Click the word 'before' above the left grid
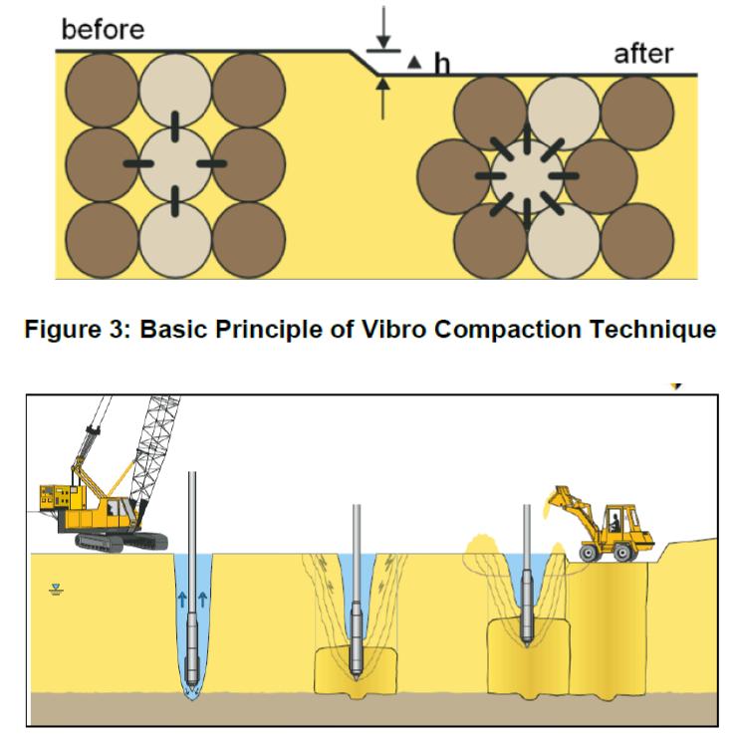(x=103, y=29)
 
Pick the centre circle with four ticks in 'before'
(x=174, y=162)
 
